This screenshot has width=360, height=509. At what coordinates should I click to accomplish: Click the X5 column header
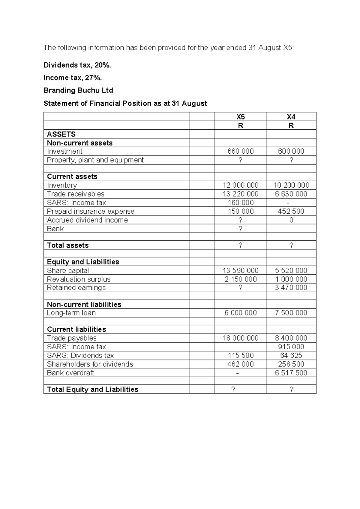point(240,117)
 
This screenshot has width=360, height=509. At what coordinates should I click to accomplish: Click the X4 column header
point(291,117)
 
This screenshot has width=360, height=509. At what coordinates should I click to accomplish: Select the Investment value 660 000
point(240,151)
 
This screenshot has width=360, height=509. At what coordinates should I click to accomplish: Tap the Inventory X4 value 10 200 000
point(291,185)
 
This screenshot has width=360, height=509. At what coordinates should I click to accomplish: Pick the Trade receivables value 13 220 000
point(240,194)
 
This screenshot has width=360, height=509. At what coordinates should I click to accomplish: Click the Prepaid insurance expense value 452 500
point(291,211)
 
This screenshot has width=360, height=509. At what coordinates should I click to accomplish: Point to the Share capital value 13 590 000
point(240,270)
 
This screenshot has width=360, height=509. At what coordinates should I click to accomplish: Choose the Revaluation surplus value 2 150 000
point(240,279)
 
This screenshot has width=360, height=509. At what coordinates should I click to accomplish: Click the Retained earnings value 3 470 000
point(291,288)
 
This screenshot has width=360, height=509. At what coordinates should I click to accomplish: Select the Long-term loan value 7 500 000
point(291,313)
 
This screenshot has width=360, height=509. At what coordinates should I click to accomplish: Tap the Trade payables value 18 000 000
point(240,338)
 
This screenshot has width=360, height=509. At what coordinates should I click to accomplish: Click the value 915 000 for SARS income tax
point(291,347)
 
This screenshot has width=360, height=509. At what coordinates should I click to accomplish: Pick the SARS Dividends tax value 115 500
point(240,355)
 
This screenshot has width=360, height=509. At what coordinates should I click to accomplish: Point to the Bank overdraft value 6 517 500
point(291,373)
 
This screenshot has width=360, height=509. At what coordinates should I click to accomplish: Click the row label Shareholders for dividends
point(90,364)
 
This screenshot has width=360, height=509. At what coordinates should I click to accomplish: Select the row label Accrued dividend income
point(87,220)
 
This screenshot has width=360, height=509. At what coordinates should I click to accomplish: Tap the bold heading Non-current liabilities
point(84,304)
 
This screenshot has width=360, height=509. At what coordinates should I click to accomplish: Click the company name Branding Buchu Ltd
point(78,90)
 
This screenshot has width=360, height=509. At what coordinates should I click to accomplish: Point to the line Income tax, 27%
point(73,78)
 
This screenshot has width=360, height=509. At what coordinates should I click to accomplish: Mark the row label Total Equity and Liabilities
point(92,389)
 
